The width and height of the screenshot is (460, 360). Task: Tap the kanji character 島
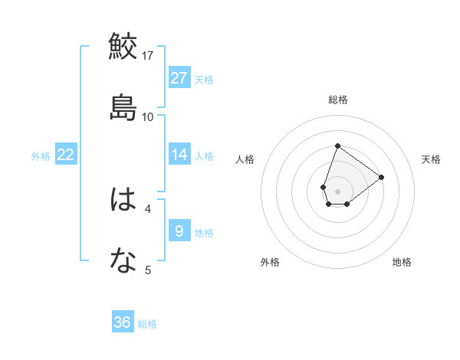coord(123,106)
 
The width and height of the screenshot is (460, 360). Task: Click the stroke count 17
coord(148,55)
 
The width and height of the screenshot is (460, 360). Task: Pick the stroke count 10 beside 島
coord(148,116)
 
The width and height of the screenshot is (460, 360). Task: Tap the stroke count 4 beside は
coord(148,208)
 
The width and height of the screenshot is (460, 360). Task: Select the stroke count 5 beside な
coord(148,270)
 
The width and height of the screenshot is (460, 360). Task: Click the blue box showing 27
coord(179,77)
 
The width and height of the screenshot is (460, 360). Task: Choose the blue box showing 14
coord(179,155)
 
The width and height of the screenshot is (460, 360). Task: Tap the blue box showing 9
coord(179,231)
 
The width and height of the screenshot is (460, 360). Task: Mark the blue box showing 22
coord(66,155)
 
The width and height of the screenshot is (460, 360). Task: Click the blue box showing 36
coord(123,322)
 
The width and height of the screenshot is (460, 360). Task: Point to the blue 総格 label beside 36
coord(147,324)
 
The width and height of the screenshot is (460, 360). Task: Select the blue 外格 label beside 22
coord(41,156)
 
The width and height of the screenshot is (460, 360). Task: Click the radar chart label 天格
coord(431,159)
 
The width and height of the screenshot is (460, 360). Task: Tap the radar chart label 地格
coord(402,262)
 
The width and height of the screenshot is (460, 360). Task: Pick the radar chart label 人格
coord(245,159)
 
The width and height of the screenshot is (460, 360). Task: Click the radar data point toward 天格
coord(381,177)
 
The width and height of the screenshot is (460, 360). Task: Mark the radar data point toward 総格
coord(337,145)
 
